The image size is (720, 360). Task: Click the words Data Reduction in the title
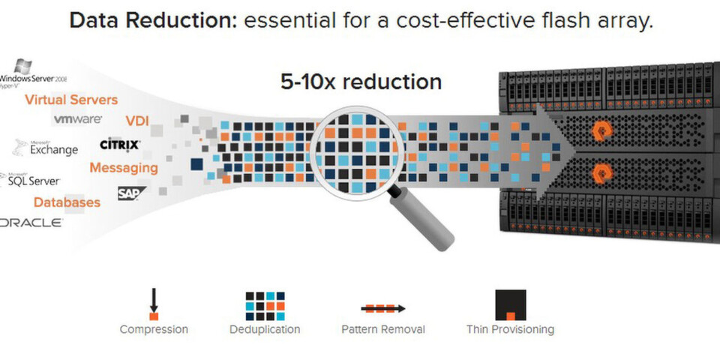pyautogui.click(x=153, y=21)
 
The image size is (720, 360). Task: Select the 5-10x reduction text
pyautogui.click(x=361, y=82)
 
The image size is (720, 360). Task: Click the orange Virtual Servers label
pyautogui.click(x=71, y=100)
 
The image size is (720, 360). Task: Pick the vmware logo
pyautogui.click(x=77, y=119)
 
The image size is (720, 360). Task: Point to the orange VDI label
pyautogui.click(x=136, y=121)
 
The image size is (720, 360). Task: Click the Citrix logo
pyautogui.click(x=120, y=145)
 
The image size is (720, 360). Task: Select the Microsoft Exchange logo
pyautogui.click(x=45, y=148)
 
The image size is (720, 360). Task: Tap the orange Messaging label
pyautogui.click(x=124, y=167)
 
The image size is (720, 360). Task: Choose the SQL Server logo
pyautogui.click(x=30, y=179)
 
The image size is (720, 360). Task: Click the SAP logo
pyautogui.click(x=131, y=193)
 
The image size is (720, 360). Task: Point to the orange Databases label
pyautogui.click(x=67, y=202)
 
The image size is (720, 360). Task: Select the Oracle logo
pyautogui.click(x=31, y=223)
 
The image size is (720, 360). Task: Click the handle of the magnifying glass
pyautogui.click(x=422, y=220)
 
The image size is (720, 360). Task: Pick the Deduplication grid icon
pyautogui.click(x=265, y=306)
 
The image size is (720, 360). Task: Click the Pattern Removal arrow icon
pyautogui.click(x=383, y=308)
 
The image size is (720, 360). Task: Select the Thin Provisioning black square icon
pyautogui.click(x=511, y=305)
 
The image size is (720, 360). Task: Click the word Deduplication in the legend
pyautogui.click(x=265, y=329)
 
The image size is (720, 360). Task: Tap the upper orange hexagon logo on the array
pyautogui.click(x=599, y=130)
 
